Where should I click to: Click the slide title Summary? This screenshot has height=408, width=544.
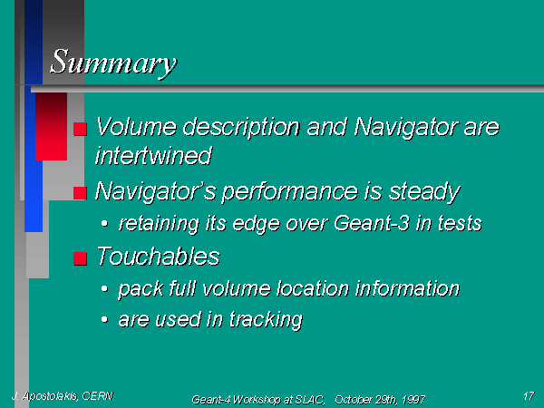(x=113, y=63)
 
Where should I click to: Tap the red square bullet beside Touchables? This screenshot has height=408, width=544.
(x=80, y=258)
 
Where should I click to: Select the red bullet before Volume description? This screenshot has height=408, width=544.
(x=80, y=129)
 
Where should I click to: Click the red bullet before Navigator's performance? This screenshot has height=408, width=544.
(x=80, y=193)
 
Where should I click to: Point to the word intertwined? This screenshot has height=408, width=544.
(x=153, y=155)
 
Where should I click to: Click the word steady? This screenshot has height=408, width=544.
(x=424, y=191)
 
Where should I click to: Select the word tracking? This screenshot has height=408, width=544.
(x=266, y=320)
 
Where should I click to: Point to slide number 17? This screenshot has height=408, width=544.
(x=529, y=395)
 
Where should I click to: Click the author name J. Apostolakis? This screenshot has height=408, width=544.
(x=45, y=396)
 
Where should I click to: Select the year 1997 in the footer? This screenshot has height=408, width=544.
(x=413, y=400)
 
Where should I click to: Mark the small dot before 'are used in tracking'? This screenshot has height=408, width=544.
(x=104, y=320)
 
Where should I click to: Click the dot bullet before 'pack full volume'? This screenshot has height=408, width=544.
(x=104, y=288)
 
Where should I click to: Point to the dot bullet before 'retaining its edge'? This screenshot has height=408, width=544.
(x=104, y=224)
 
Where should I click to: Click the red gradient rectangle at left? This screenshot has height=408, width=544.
(x=52, y=127)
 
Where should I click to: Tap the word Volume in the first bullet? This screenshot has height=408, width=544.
(x=136, y=126)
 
